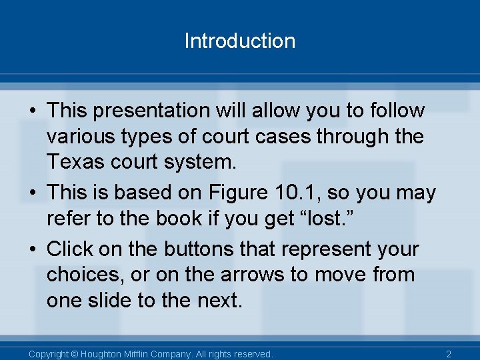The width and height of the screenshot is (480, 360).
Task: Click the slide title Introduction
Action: point(239,41)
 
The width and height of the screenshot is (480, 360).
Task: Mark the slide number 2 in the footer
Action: point(449,354)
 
